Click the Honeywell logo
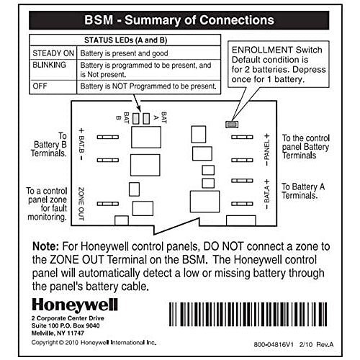(75, 305)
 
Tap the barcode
(248, 315)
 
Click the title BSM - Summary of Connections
(179, 20)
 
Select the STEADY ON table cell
(53, 53)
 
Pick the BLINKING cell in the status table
(53, 70)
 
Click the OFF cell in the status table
(53, 87)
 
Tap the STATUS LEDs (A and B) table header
(125, 40)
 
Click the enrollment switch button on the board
(232, 125)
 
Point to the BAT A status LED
(146, 119)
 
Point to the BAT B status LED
(136, 119)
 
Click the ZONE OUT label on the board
(81, 204)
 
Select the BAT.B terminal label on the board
(81, 145)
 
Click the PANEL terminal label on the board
(267, 150)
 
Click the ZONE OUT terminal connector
(108, 204)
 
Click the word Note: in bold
(45, 246)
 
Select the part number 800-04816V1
(274, 344)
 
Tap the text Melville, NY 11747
(58, 333)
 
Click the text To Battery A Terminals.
(303, 191)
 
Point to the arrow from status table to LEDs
(138, 103)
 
